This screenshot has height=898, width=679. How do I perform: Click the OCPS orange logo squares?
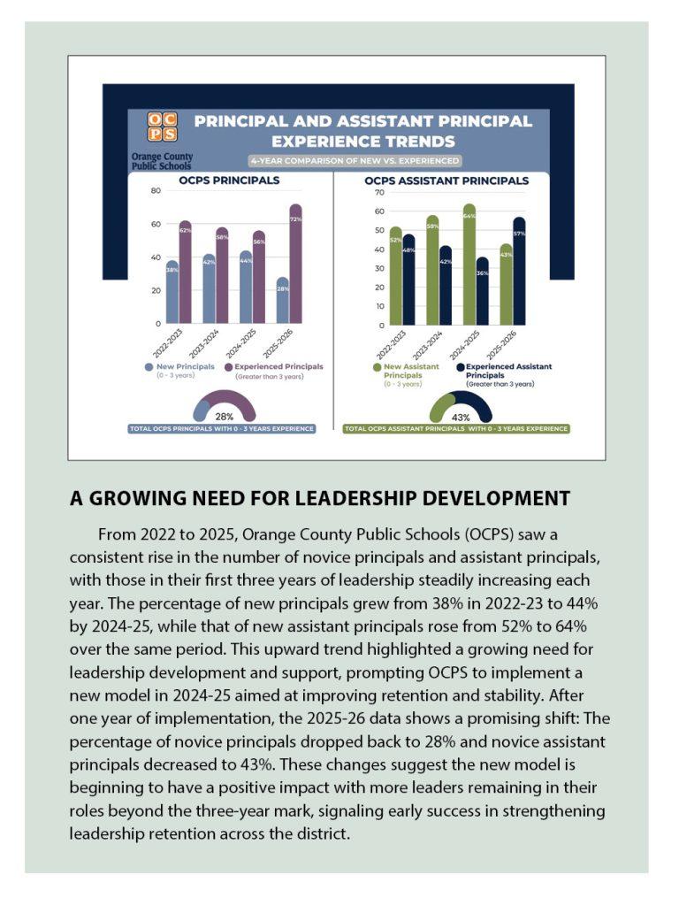162,127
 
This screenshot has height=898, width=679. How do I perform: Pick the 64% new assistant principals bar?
469,265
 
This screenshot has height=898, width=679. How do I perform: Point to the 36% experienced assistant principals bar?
482,292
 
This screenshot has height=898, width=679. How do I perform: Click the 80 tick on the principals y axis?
156,191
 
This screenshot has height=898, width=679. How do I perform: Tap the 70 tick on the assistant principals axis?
379,192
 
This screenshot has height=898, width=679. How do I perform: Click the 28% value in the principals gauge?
225,416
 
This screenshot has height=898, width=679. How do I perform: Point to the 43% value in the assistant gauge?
461,417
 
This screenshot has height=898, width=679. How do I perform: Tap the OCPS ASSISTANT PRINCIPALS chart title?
446,180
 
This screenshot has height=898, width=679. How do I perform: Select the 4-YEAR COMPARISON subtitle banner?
355,161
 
